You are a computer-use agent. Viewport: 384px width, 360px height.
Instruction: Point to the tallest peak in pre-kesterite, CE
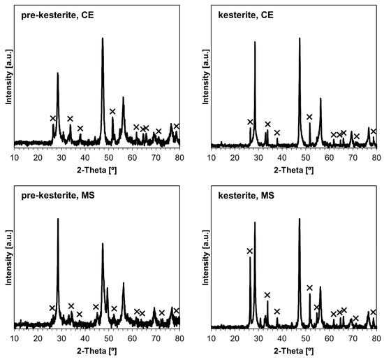[103, 38]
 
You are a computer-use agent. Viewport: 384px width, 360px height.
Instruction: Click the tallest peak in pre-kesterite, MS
[58, 219]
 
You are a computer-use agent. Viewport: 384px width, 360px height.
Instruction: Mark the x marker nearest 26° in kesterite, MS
[250, 251]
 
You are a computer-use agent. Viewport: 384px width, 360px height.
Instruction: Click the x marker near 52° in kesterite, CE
[309, 117]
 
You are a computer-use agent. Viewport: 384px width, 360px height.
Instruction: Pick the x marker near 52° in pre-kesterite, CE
[112, 111]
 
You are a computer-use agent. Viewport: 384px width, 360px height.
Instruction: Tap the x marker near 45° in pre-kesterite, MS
[96, 307]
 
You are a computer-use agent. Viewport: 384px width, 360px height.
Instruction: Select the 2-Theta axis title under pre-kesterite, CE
[97, 168]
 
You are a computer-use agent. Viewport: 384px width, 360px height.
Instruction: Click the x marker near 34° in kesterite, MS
[267, 295]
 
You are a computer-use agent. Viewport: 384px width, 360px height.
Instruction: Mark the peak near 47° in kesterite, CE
[300, 38]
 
